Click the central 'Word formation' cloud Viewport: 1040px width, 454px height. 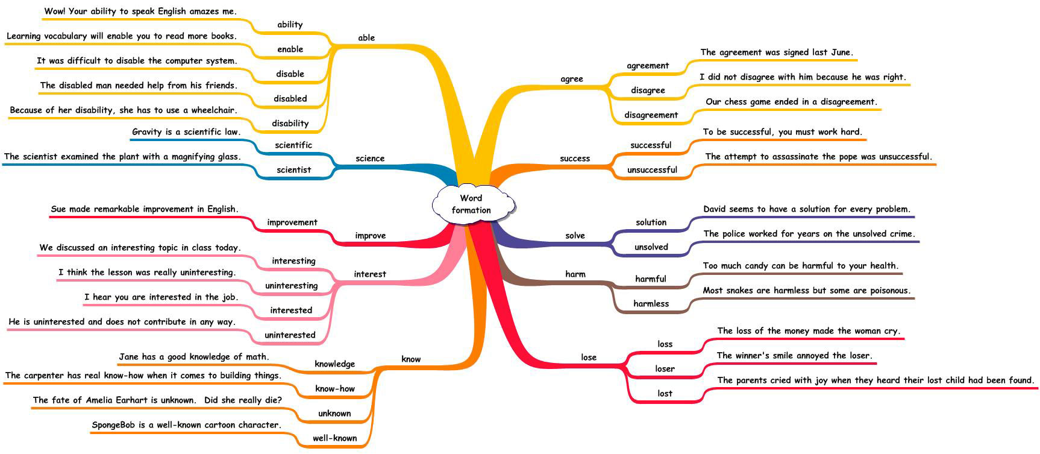pyautogui.click(x=473, y=204)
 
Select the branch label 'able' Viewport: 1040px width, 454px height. pyautogui.click(x=366, y=37)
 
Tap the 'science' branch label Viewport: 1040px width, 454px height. pyautogui.click(x=370, y=158)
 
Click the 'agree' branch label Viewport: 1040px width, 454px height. pyautogui.click(x=572, y=79)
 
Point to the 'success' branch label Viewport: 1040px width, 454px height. pyautogui.click(x=575, y=158)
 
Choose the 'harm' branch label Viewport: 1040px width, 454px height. pyautogui.click(x=575, y=274)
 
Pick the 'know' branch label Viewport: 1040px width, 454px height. pyautogui.click(x=411, y=359)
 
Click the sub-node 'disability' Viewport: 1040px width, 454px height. pyautogui.click(x=290, y=123)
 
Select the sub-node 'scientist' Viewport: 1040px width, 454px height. pyautogui.click(x=294, y=169)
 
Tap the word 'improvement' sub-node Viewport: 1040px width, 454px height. pyautogui.click(x=292, y=222)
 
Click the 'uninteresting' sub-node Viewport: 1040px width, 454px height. pyautogui.click(x=292, y=286)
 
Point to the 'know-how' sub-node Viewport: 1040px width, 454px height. pyautogui.click(x=335, y=388)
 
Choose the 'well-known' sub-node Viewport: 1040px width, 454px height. pyautogui.click(x=335, y=438)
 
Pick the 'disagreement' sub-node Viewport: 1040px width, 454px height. pyautogui.click(x=651, y=115)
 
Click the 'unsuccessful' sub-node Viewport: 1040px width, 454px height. pyautogui.click(x=652, y=169)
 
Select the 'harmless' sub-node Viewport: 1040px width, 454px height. pyautogui.click(x=651, y=303)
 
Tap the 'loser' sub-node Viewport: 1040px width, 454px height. pyautogui.click(x=665, y=368)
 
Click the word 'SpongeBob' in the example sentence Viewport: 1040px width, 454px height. pyautogui.click(x=113, y=425)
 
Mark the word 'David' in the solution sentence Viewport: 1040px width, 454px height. pyautogui.click(x=715, y=209)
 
